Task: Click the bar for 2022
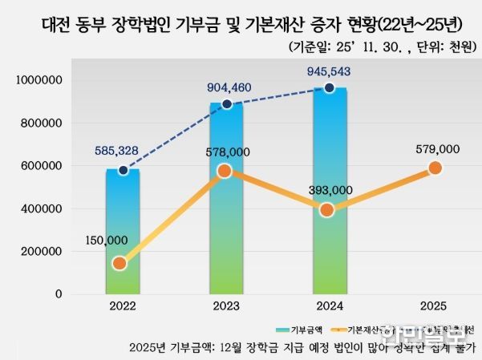coord(123,233)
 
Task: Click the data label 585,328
coord(120,150)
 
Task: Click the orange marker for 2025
coord(435,168)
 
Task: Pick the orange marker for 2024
coord(327,210)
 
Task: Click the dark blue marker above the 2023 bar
coord(227,104)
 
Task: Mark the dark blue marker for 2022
coord(123,170)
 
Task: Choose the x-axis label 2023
coord(225,306)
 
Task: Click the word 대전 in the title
coord(59,26)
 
